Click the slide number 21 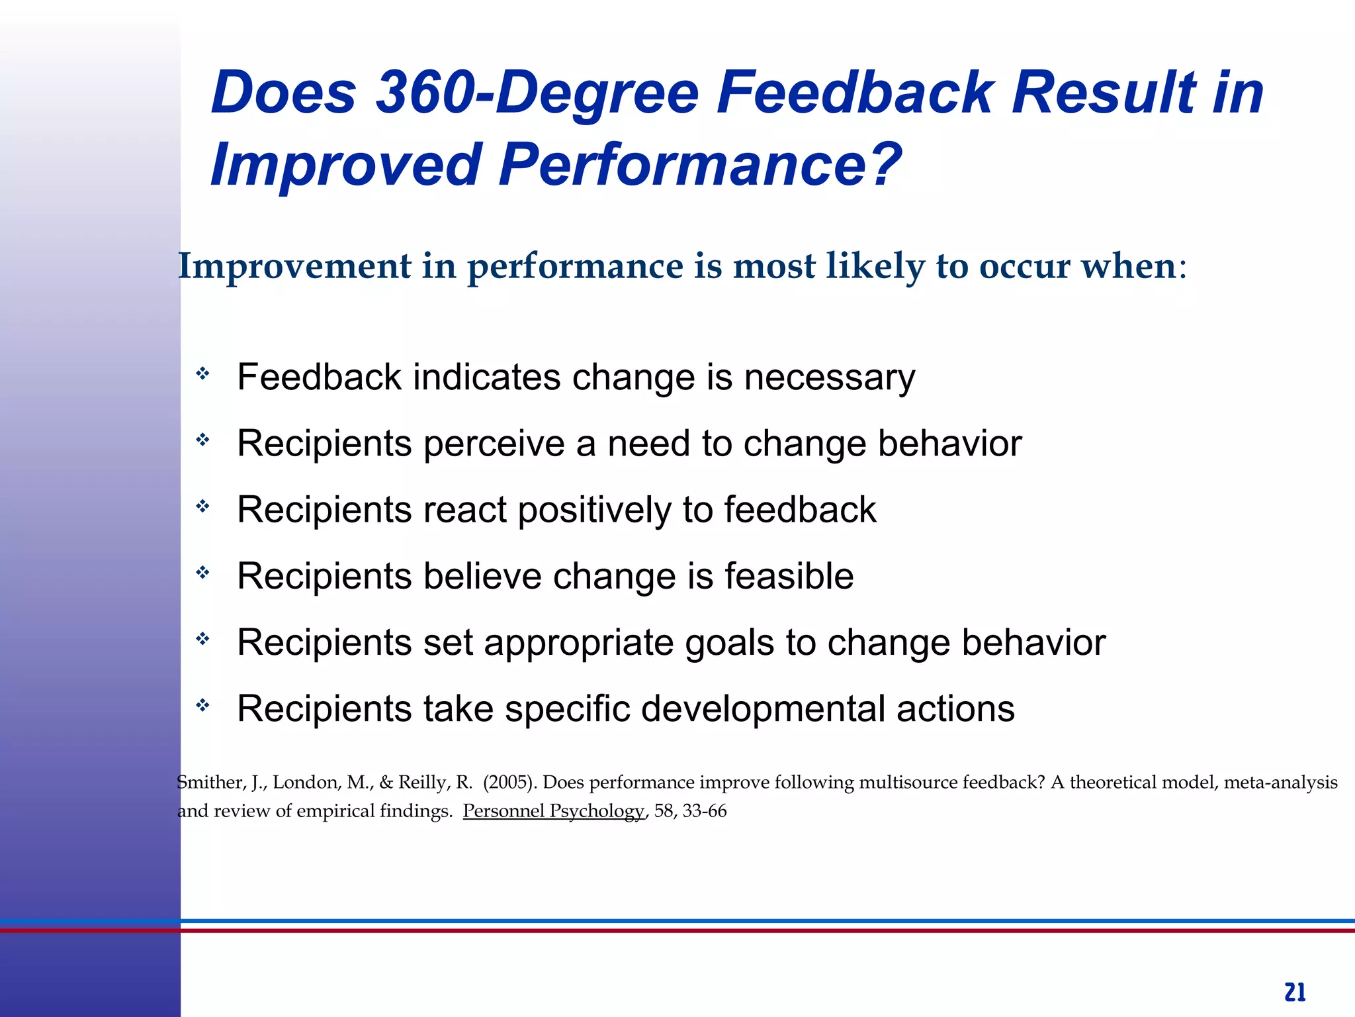[1295, 993]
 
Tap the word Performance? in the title [700, 165]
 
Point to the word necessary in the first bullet [830, 378]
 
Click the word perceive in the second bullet [494, 444]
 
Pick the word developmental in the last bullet [763, 709]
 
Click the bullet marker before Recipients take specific [202, 705]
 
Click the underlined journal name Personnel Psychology [553, 811]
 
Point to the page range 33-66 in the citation [705, 811]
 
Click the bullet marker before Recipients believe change [202, 572]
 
